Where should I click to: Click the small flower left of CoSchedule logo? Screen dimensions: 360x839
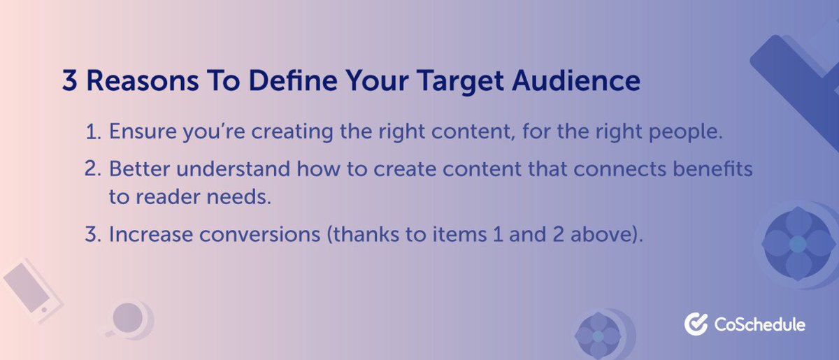click(x=598, y=335)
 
